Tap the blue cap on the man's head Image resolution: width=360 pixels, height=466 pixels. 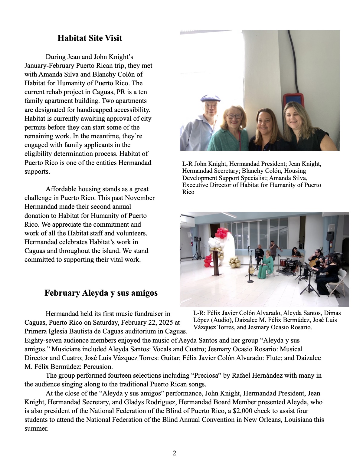(211, 99)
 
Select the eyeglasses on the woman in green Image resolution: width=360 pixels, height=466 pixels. (234, 116)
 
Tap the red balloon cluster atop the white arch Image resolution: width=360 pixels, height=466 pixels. (222, 233)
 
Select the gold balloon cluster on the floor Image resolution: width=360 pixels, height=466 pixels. (234, 262)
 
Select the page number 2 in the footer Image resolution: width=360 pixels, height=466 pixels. (174, 453)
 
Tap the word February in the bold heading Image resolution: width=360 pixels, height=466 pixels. (62, 293)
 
